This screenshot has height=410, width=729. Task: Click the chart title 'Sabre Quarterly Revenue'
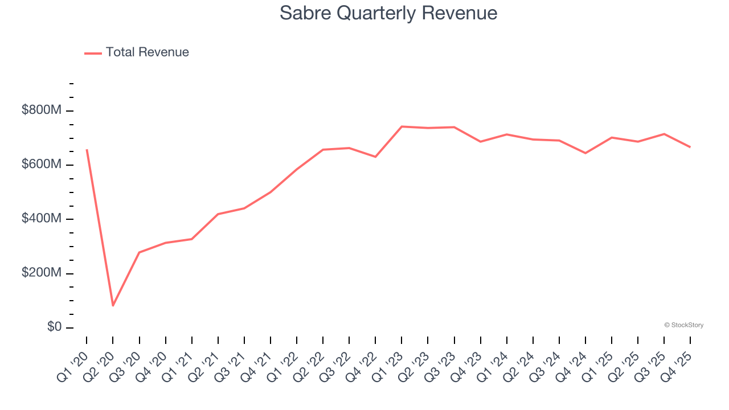pos(388,13)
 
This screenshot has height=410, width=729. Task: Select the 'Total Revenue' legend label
pos(147,52)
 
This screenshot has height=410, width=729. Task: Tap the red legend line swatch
pos(93,53)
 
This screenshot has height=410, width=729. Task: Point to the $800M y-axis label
pos(41,110)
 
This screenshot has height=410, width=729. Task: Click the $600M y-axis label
pos(41,165)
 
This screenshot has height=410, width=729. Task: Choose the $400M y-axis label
pos(41,219)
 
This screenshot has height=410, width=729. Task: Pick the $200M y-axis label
pos(41,273)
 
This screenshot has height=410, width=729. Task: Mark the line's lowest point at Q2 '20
pos(113,306)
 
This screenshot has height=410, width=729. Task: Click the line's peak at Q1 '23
pos(402,126)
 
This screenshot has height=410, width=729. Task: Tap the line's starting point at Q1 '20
pos(87,150)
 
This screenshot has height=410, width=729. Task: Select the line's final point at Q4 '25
pos(690,147)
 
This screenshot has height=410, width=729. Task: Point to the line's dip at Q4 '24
pos(585,153)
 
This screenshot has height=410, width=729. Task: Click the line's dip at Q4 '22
pos(375,157)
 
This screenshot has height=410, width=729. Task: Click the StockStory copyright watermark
pos(683,325)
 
